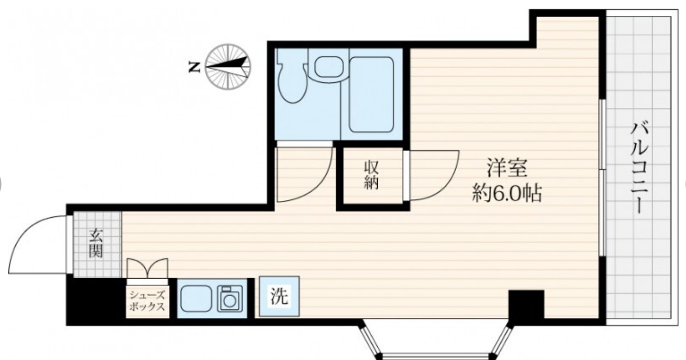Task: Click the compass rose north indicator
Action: click(x=228, y=66)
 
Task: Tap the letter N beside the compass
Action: click(x=195, y=67)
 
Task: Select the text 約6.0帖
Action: click(x=507, y=194)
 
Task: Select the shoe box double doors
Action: click(x=147, y=268)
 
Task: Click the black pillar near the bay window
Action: click(x=526, y=304)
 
